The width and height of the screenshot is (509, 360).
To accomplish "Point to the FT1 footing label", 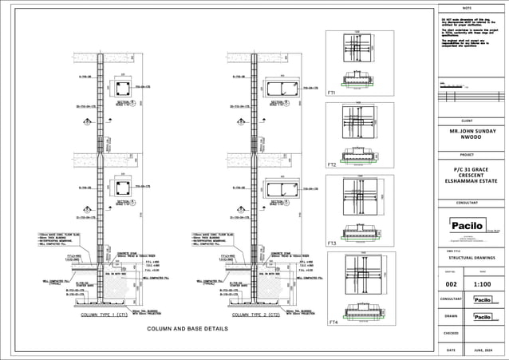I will [331, 93].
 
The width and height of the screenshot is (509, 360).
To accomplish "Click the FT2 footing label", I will [331, 164].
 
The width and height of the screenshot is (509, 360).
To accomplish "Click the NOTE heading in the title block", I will [468, 7].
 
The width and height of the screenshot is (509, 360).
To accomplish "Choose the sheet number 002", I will [451, 283].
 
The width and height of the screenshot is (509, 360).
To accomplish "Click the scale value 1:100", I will [483, 283].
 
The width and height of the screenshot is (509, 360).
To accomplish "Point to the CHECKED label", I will [451, 333].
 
